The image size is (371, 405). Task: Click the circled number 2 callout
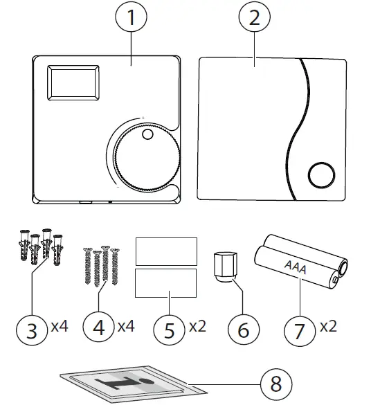(255, 19)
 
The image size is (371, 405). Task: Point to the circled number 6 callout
(243, 330)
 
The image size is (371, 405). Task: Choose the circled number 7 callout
(299, 330)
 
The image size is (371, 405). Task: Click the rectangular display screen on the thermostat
(71, 84)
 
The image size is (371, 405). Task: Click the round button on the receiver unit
(320, 174)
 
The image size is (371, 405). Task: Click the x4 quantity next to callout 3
(60, 325)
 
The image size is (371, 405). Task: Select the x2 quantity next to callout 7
(328, 325)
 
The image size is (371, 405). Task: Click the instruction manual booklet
(125, 380)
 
